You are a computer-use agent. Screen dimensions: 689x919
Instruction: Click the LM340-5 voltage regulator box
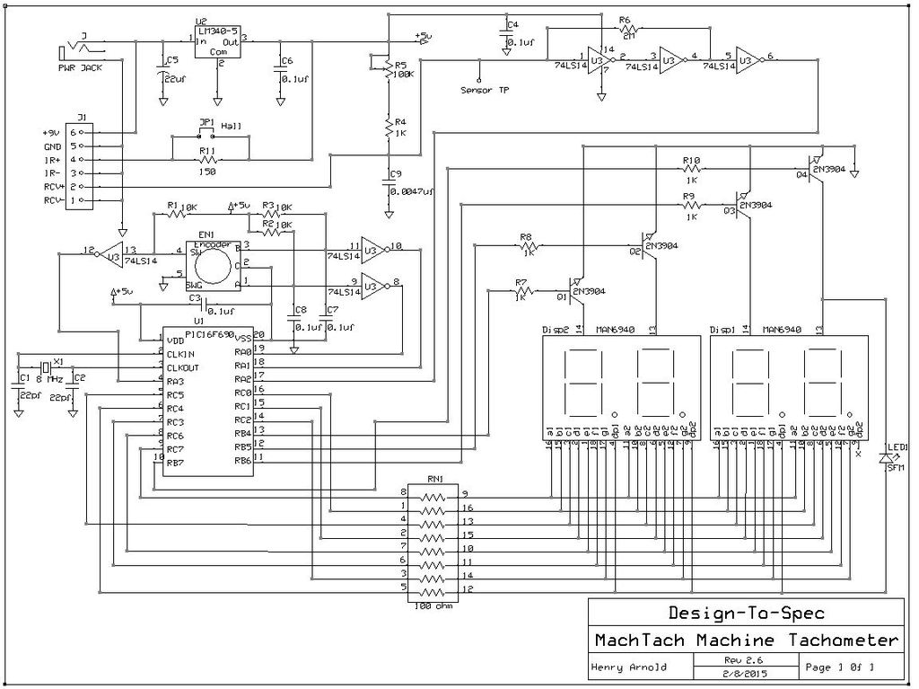point(217,40)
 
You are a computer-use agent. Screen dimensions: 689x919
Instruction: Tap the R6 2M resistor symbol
point(626,31)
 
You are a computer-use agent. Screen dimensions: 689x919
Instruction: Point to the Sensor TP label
point(485,90)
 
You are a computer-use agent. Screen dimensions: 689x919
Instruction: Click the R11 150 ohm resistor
point(207,160)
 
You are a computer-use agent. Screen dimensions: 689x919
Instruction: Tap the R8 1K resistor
point(528,244)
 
